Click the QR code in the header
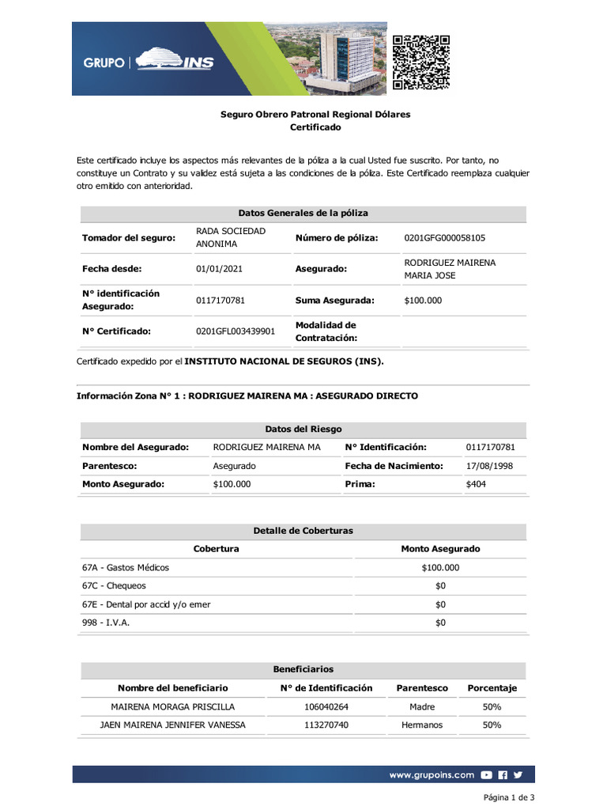coord(421,62)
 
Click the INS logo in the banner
coord(175,61)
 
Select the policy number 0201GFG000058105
coord(444,238)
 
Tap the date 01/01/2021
coord(219,269)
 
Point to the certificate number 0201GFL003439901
coord(236,331)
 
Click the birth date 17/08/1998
coord(489,466)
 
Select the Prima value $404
coord(476,484)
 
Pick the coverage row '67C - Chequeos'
coord(114,586)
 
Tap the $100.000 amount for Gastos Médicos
coord(440,567)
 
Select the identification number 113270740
coord(326,725)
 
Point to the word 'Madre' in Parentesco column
coord(422,707)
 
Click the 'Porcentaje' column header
coord(492,688)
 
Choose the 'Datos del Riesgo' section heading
coord(303,429)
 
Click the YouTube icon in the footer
coord(487,775)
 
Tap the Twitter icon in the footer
coord(518,775)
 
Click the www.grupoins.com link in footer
coord(432,775)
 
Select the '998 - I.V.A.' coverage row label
coord(106,623)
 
